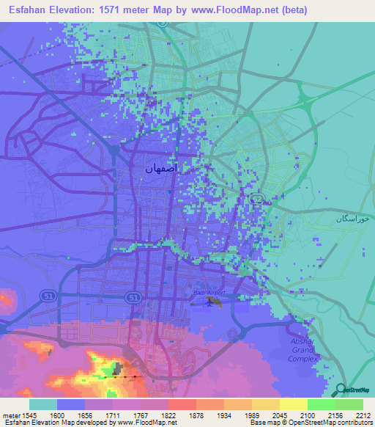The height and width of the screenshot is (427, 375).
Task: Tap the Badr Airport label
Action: pos(207,293)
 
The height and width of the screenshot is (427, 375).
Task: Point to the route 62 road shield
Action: pos(257,199)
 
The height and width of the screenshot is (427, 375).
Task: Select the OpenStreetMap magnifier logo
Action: pos(339,390)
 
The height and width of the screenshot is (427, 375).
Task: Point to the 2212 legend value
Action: pos(363,415)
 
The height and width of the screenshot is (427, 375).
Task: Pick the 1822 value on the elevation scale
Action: pos(168,415)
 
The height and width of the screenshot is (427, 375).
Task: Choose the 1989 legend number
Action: pos(251,415)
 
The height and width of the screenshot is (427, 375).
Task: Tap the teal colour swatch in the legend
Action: pos(43,404)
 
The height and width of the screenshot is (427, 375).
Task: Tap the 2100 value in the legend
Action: pos(307,415)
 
